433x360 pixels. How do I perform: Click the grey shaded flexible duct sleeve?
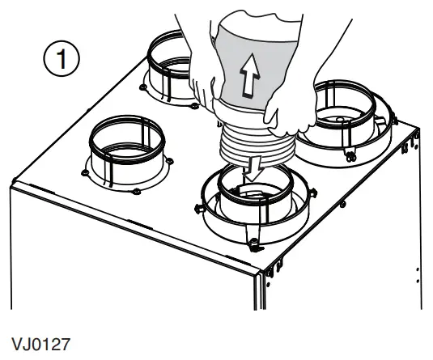[x=251, y=57]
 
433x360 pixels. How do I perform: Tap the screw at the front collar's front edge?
[x=253, y=244]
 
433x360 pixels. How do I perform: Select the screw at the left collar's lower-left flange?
[x=87, y=172]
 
